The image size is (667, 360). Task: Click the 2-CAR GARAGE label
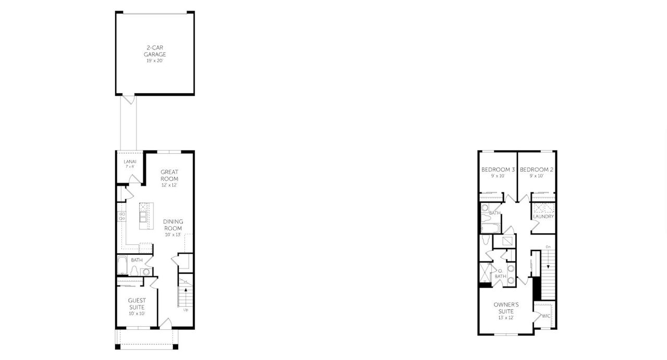[155, 51]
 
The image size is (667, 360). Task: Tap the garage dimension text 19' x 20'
[155, 61]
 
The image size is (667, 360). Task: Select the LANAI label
[130, 162]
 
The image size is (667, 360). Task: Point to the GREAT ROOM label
[169, 175]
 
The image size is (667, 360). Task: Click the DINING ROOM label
[173, 225]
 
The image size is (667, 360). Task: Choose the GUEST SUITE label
[137, 303]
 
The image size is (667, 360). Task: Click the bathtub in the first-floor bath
[122, 266]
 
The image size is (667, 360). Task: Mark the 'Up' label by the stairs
[186, 310]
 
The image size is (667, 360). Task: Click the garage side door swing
[128, 99]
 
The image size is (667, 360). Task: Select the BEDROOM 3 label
[498, 170]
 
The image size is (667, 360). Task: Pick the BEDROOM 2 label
[537, 170]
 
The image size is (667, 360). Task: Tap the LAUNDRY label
[544, 216]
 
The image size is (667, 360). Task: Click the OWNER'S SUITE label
[506, 307]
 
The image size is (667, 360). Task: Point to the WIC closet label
[546, 316]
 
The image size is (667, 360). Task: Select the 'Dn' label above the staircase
[548, 247]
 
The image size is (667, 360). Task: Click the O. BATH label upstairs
[500, 274]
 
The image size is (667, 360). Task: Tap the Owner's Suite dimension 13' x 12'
[506, 318]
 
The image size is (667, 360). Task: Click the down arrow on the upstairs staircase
[548, 266]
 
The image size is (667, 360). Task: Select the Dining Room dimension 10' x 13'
[173, 235]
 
